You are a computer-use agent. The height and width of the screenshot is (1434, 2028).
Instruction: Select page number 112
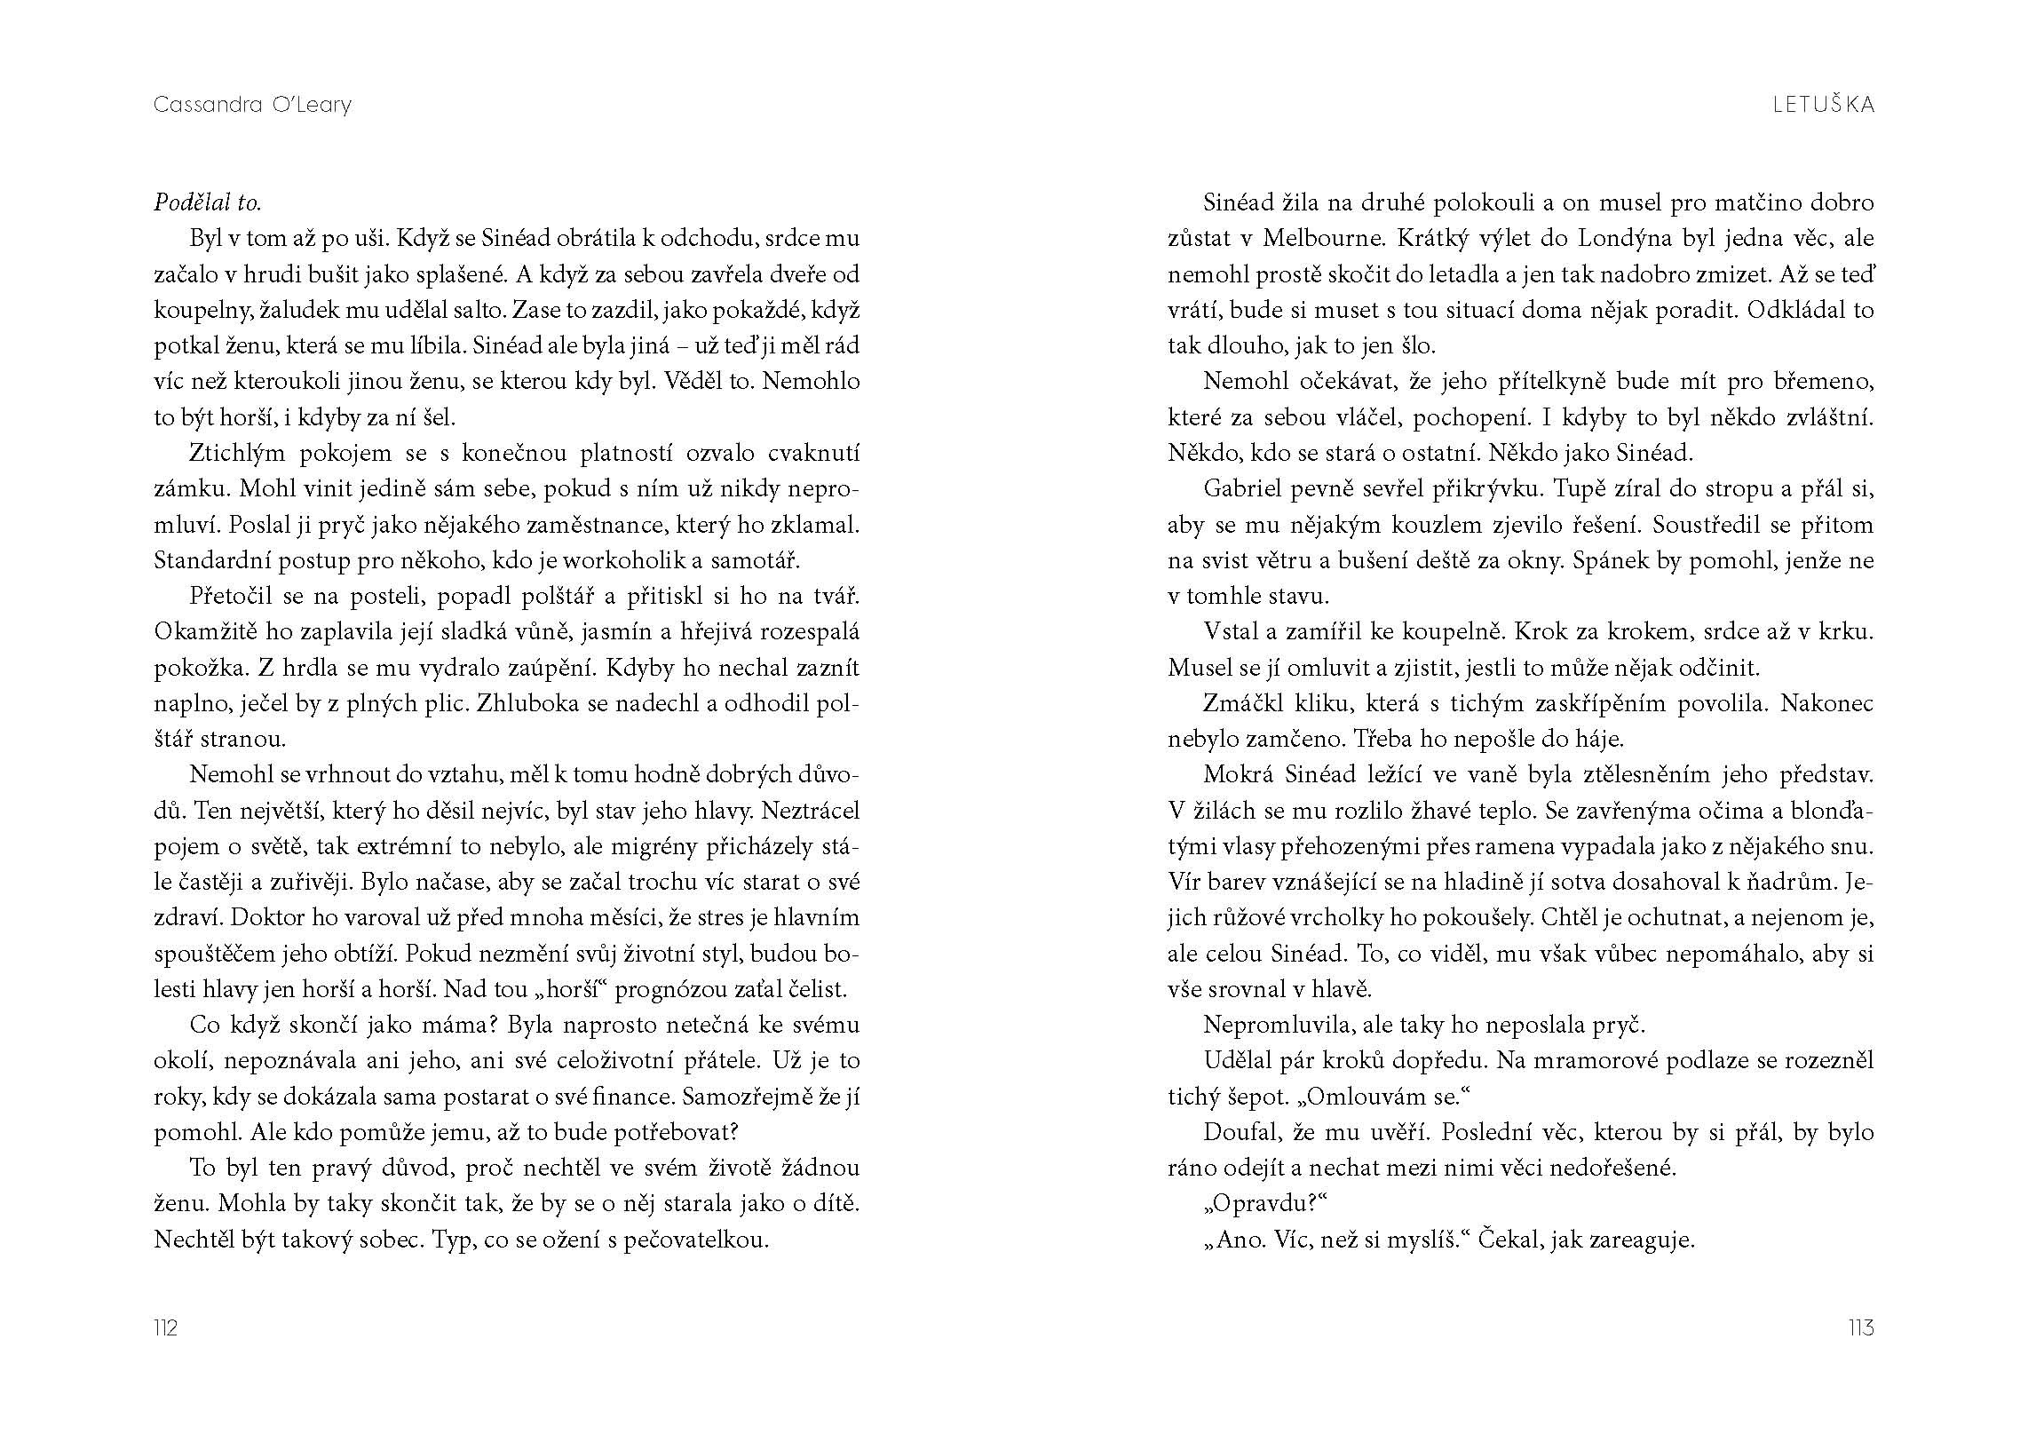(166, 1327)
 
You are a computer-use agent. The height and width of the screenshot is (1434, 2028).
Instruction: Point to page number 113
(1861, 1327)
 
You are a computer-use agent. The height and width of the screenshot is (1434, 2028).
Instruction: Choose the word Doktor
(194, 917)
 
